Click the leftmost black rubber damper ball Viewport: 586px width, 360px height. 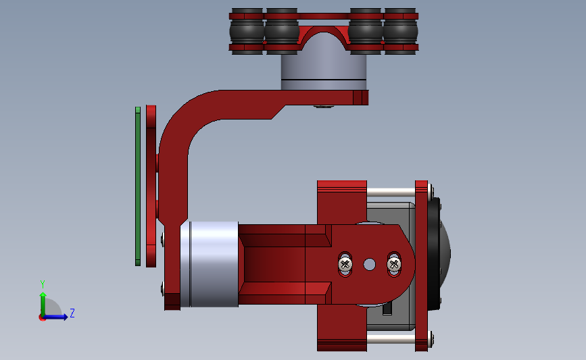pos(246,30)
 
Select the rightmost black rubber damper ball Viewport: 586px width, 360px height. pos(400,30)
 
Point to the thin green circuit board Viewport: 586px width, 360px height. pos(138,186)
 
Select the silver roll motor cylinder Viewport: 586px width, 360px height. pos(214,263)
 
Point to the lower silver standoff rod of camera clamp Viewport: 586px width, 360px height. pos(390,338)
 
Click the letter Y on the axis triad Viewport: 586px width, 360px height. pos(42,284)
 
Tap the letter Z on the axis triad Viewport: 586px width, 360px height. pos(72,313)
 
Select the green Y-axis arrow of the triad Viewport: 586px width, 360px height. pos(43,302)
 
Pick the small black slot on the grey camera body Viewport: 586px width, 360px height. pos(388,309)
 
